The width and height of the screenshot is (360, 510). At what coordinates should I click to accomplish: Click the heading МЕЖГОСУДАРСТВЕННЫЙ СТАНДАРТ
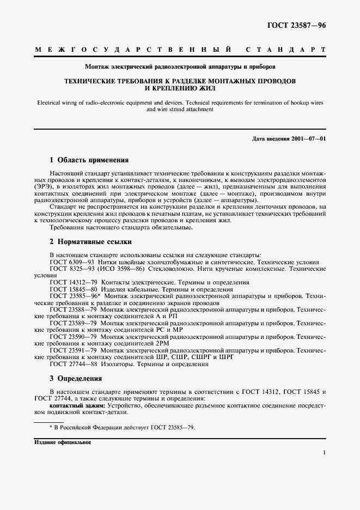180,50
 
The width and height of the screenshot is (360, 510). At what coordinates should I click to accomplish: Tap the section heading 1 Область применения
89,161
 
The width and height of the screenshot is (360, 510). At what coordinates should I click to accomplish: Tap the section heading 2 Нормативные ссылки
90,242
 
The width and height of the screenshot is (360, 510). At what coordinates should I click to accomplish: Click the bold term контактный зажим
77,405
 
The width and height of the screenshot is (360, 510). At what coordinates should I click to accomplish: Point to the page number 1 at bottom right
324,452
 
